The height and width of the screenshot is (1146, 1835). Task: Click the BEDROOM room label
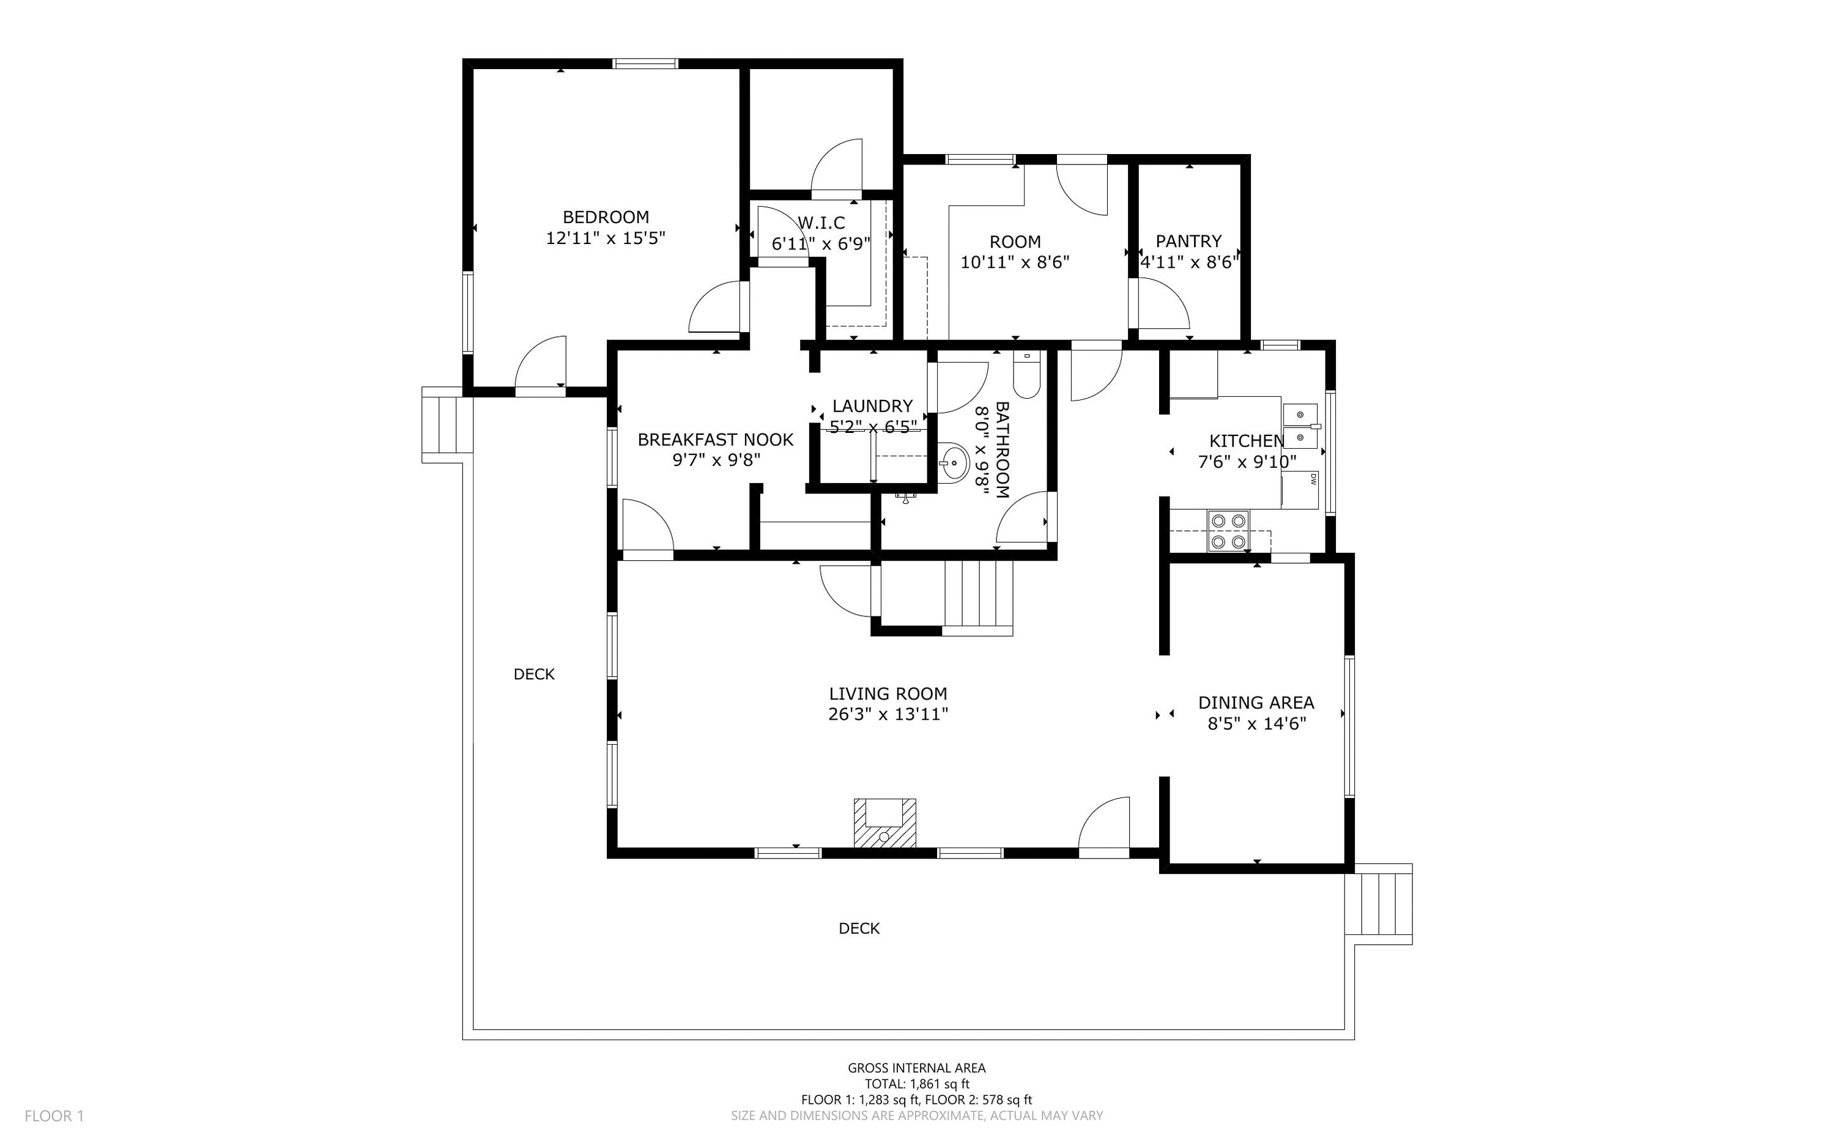(606, 216)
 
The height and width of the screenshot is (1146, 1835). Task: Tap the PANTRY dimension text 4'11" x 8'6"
(1189, 262)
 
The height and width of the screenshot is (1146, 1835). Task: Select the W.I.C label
(821, 223)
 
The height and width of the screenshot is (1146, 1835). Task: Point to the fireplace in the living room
(884, 823)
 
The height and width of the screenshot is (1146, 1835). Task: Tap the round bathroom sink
(954, 462)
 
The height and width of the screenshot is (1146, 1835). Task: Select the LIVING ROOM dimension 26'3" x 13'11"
(888, 714)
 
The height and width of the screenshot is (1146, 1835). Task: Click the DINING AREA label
(1256, 703)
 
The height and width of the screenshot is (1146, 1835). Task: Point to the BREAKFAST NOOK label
(716, 440)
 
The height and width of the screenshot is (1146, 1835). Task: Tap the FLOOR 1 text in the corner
(54, 1115)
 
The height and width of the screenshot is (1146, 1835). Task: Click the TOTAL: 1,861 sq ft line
(917, 1084)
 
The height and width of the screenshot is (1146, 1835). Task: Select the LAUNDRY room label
(872, 406)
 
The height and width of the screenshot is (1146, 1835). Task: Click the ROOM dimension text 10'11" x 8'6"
(1015, 262)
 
